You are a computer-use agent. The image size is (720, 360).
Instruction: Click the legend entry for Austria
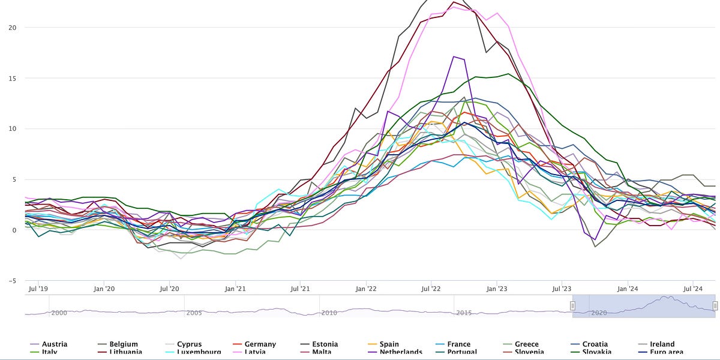(x=54, y=344)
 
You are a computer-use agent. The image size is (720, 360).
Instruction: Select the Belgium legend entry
(x=123, y=344)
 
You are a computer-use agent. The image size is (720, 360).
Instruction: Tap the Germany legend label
(x=260, y=344)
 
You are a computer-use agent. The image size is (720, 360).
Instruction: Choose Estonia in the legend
(x=325, y=344)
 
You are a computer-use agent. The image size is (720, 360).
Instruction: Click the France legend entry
(x=458, y=344)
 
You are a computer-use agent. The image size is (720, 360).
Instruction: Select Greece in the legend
(x=526, y=344)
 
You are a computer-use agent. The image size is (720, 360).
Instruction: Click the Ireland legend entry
(x=662, y=344)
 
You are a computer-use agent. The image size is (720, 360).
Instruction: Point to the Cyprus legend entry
(x=189, y=344)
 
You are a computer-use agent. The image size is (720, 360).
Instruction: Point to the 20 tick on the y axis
(x=12, y=28)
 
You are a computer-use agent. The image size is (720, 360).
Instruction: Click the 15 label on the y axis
(x=12, y=78)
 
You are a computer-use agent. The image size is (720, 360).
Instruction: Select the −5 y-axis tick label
(x=11, y=281)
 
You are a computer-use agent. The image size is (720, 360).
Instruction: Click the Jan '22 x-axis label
(x=365, y=289)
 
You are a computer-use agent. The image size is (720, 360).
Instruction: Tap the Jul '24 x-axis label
(x=693, y=289)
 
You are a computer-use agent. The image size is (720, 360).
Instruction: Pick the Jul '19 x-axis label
(x=38, y=289)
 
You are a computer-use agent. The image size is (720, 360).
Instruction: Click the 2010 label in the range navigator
(x=329, y=313)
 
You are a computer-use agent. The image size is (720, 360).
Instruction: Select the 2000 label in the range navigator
(x=59, y=313)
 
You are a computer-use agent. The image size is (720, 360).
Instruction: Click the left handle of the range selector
(x=572, y=306)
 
